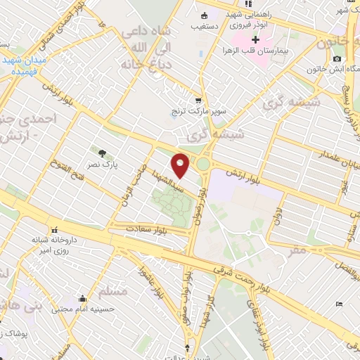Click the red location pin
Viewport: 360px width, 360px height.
click(x=181, y=165)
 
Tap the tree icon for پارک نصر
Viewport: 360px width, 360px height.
click(x=103, y=153)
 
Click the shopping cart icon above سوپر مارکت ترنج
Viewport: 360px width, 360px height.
click(x=199, y=100)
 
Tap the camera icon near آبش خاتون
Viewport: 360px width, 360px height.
click(x=337, y=58)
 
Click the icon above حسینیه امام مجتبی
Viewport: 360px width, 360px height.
click(x=83, y=297)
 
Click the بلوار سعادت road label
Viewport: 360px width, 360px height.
click(x=152, y=229)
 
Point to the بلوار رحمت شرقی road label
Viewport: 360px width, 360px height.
click(x=241, y=272)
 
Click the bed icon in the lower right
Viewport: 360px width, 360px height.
click(x=340, y=304)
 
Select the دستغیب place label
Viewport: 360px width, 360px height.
click(x=204, y=27)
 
